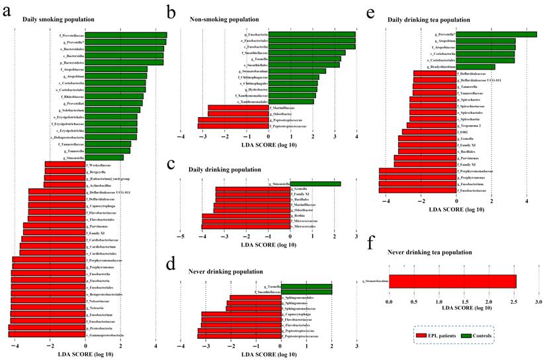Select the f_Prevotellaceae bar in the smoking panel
click(x=126, y=35)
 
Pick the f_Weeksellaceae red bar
click(x=65, y=165)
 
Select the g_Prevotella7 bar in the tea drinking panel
click(x=496, y=34)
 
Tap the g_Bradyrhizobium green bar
click(x=475, y=67)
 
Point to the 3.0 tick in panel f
click(x=538, y=302)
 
